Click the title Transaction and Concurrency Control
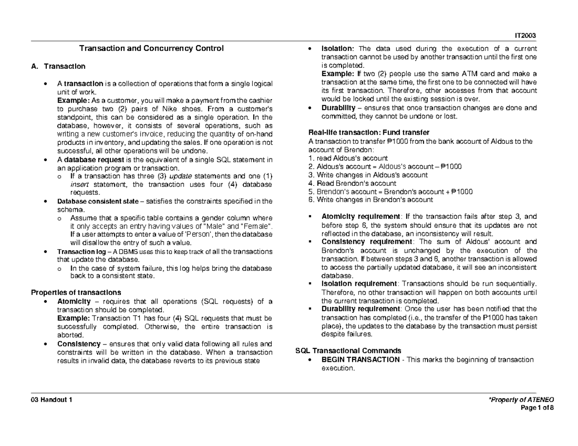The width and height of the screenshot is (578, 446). pos(151,49)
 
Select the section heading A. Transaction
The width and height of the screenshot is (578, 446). pos(58,66)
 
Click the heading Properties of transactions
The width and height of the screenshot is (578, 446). pos(76,293)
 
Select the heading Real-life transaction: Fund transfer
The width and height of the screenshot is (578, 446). pos(368,132)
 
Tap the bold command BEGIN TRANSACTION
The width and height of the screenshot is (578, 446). pos(360,359)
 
